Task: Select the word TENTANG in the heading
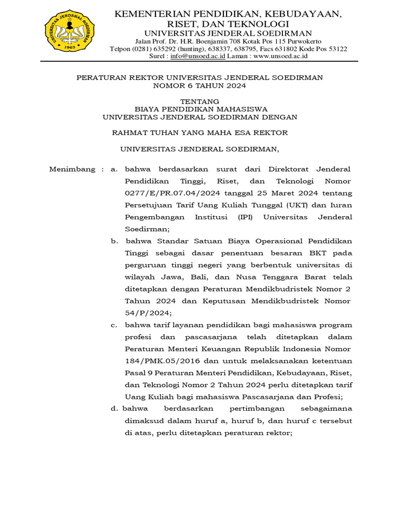200,101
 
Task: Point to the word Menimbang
72,170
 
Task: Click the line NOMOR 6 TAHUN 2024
200,86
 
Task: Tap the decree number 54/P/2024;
147,313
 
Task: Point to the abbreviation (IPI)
246,217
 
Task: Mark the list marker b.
114,241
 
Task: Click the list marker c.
114,325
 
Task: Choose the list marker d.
114,409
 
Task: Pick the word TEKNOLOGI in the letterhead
259,24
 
